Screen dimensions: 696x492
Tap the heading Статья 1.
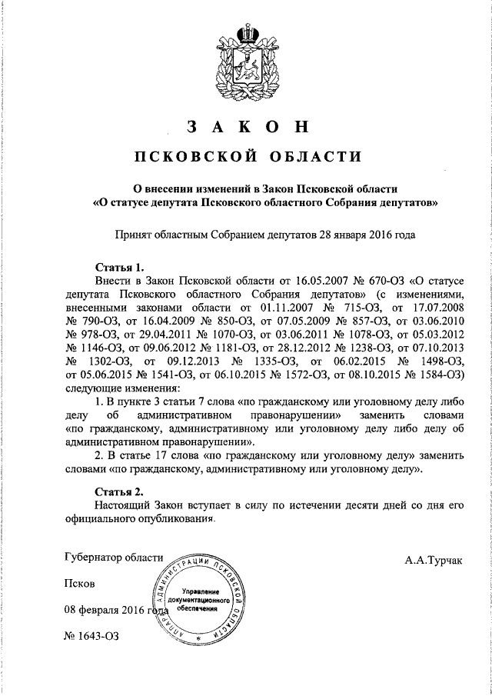[119, 268]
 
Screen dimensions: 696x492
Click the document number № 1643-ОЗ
[93, 638]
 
